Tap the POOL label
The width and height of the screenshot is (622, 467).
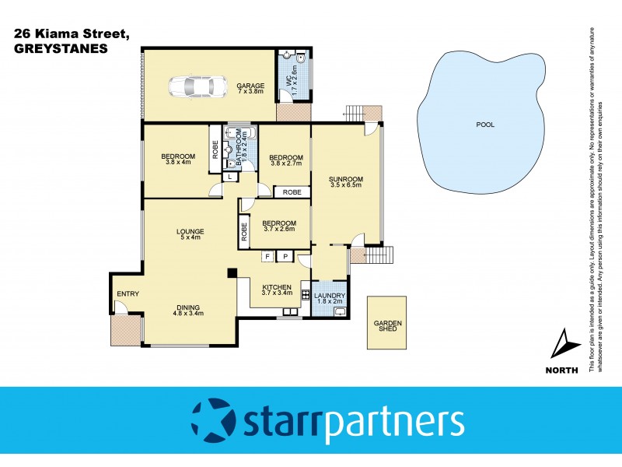[485, 125]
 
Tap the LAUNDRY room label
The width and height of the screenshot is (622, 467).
[330, 296]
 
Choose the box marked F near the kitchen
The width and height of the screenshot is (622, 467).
[267, 256]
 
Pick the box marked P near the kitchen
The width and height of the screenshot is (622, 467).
[285, 256]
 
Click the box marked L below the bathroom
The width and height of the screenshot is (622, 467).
[230, 177]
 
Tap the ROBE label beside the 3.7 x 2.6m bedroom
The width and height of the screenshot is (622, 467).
[244, 230]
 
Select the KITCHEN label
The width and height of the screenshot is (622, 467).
[276, 286]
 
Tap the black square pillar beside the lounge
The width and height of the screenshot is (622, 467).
[232, 272]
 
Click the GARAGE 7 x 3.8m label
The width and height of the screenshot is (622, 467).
[251, 89]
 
